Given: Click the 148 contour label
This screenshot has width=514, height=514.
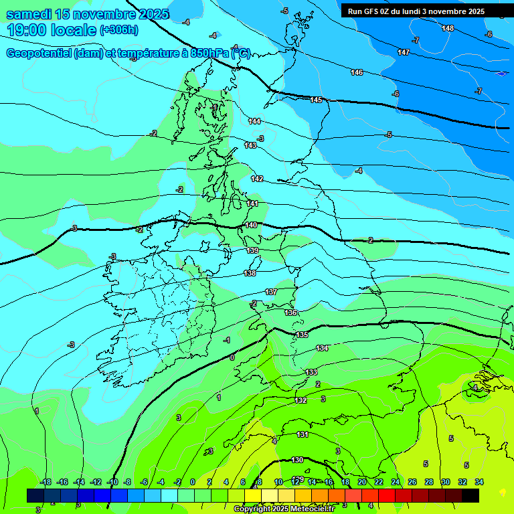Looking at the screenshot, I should coord(448,28).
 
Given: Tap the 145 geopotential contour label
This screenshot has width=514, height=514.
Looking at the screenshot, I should coord(316,100).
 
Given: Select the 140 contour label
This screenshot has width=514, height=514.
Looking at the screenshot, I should coord(251,225).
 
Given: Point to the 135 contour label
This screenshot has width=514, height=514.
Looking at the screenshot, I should coord(302,334).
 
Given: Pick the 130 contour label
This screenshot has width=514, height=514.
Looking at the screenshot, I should coord(297,460).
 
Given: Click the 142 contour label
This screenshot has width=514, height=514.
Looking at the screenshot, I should coord(257,179).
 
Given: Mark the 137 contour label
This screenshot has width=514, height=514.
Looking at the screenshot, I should coord(271,292).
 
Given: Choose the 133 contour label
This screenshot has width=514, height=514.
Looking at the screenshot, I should coord(311,372).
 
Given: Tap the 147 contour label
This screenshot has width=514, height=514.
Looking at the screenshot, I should coord(404,52).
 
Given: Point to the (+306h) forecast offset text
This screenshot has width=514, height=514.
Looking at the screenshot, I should coord(118,30).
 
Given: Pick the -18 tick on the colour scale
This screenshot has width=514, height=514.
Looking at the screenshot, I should coord(46,482).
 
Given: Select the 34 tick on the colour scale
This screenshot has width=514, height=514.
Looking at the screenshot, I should coord(479,482).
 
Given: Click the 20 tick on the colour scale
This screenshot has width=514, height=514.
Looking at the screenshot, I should coord(362,482).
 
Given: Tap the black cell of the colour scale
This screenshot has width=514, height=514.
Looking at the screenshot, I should coord(470,495).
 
